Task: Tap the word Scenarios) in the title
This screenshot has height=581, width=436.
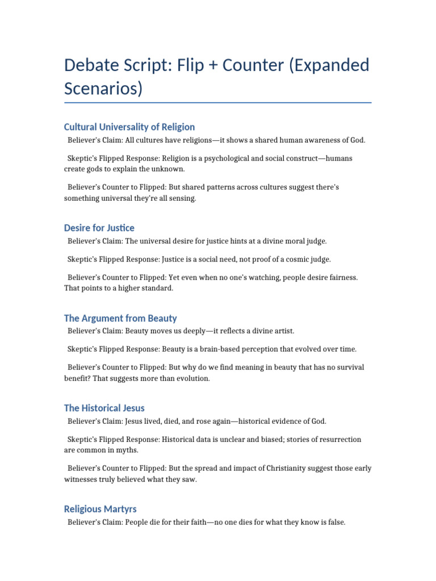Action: click(x=104, y=89)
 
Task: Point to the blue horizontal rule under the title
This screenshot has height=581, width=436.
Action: click(x=217, y=103)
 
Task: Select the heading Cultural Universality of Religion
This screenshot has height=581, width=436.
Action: click(x=129, y=127)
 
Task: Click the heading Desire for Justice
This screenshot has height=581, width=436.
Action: click(x=99, y=228)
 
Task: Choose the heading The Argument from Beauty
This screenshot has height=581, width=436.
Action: click(x=120, y=318)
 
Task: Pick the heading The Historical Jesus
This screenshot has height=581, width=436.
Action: click(x=104, y=407)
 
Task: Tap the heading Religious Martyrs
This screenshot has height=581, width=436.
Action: click(x=100, y=509)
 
